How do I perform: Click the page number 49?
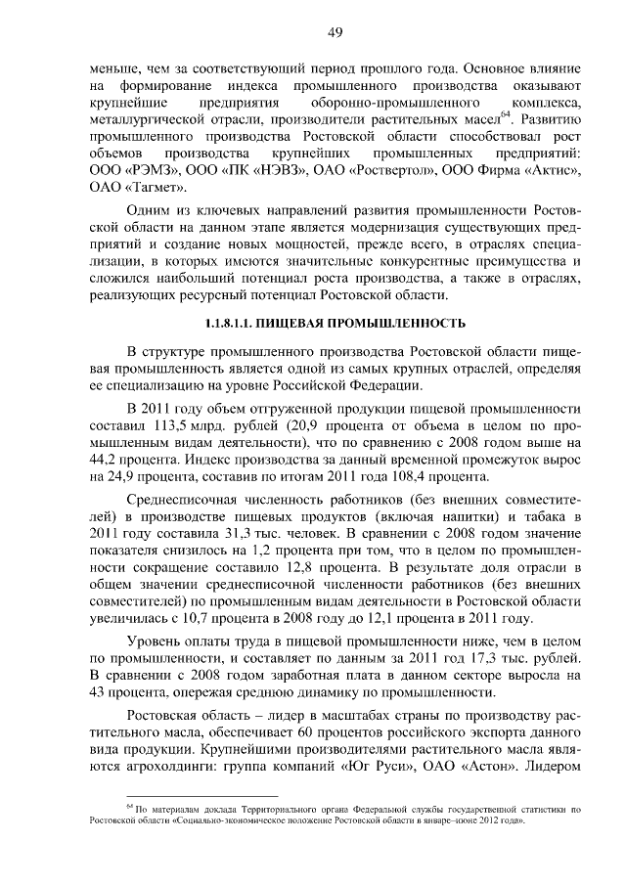(x=335, y=33)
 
